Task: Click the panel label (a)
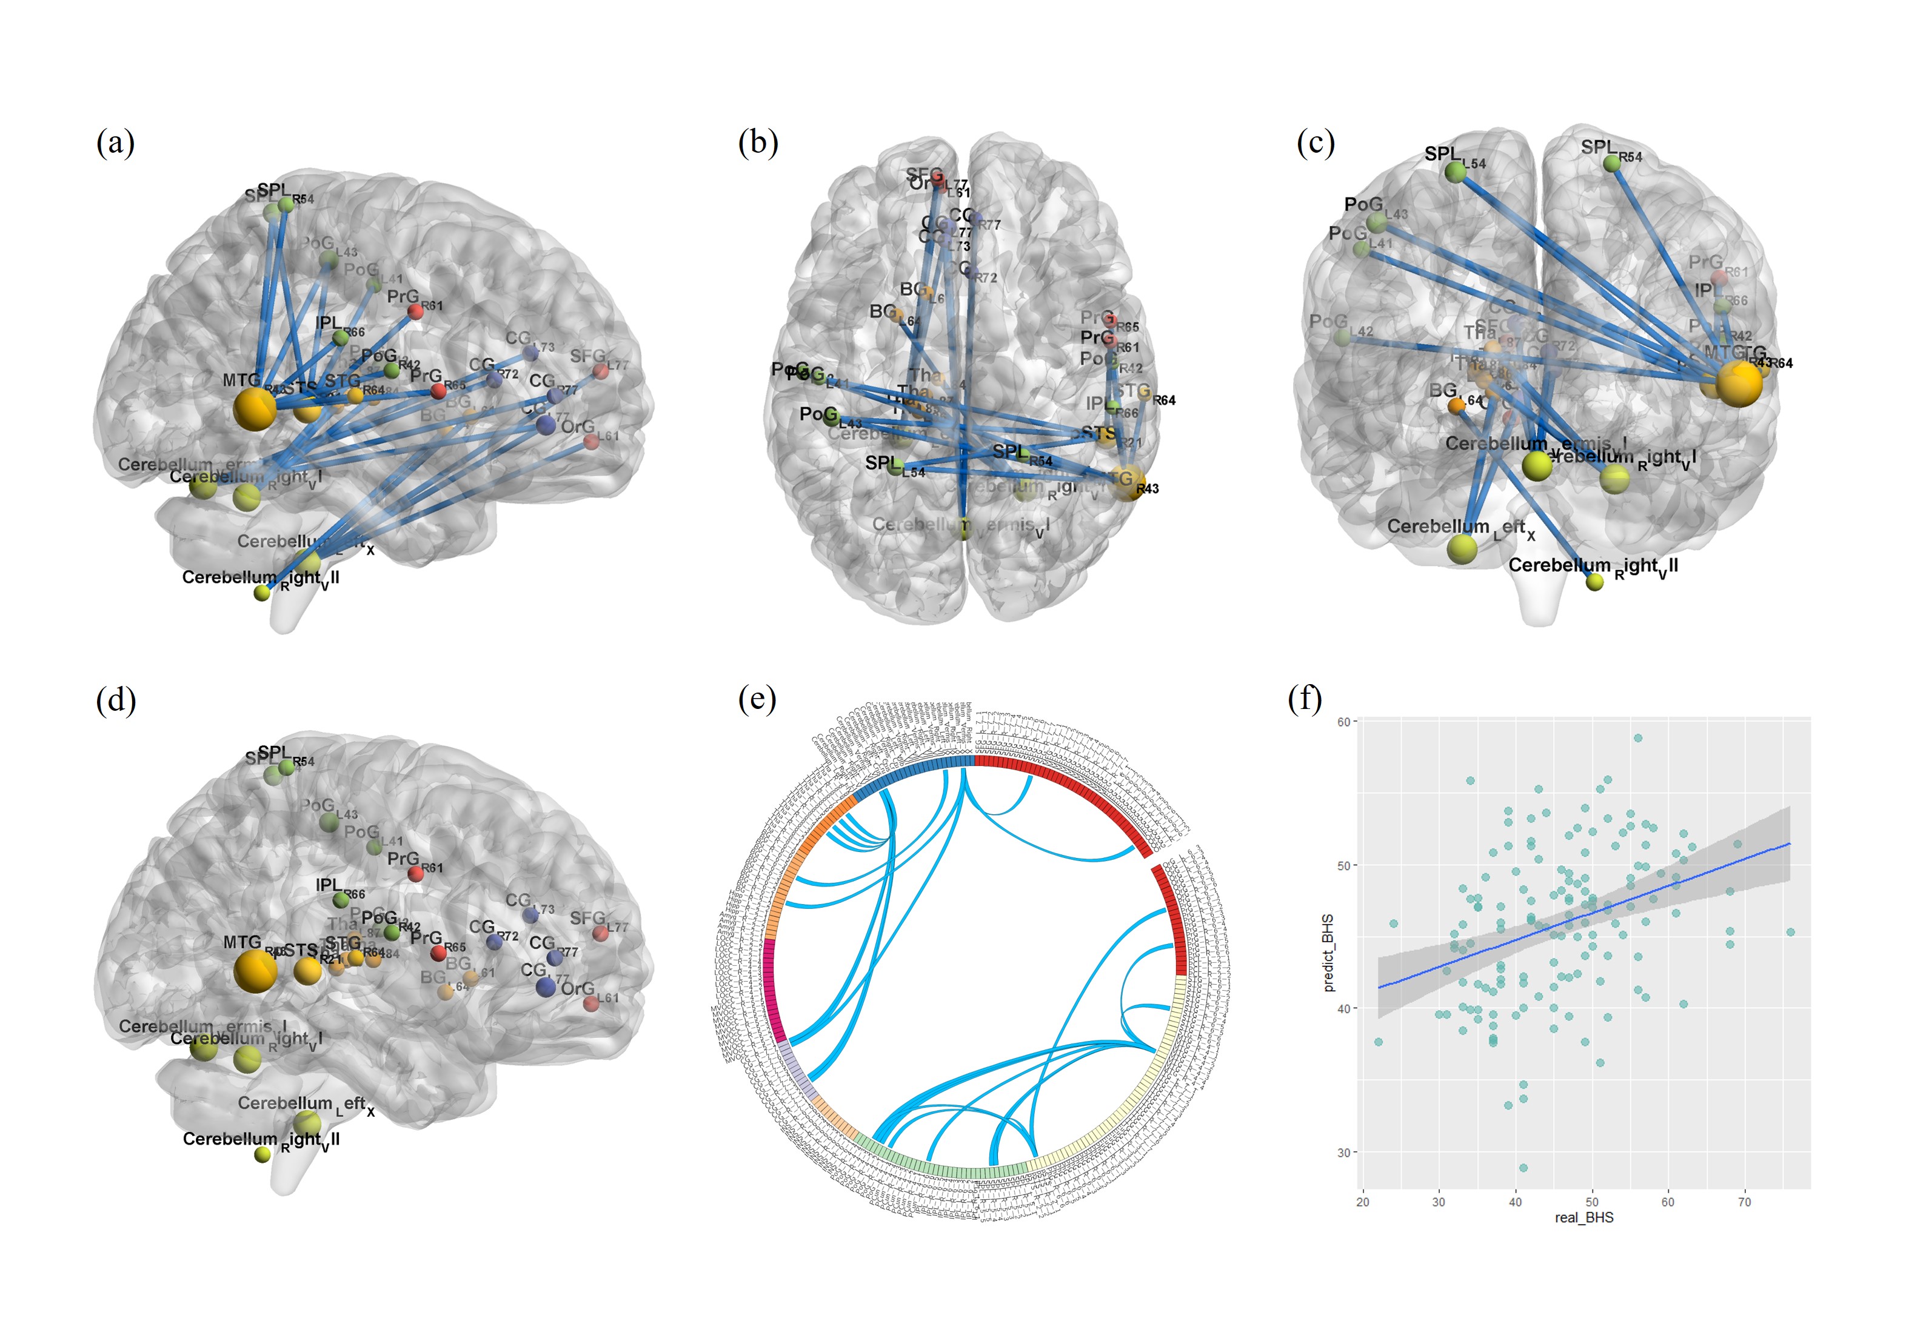click(x=115, y=142)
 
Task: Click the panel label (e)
click(x=757, y=699)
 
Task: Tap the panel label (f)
click(x=1305, y=699)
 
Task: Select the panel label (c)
click(x=1316, y=142)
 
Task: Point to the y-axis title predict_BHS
click(x=1328, y=953)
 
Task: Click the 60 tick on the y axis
click(x=1343, y=722)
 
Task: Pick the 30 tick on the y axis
click(x=1343, y=1153)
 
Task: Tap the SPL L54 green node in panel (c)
click(x=1456, y=171)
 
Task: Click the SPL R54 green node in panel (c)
click(x=1611, y=164)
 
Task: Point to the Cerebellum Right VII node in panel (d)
click(x=262, y=1154)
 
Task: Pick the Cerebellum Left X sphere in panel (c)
click(x=1461, y=548)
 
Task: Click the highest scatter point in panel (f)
click(x=1638, y=737)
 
